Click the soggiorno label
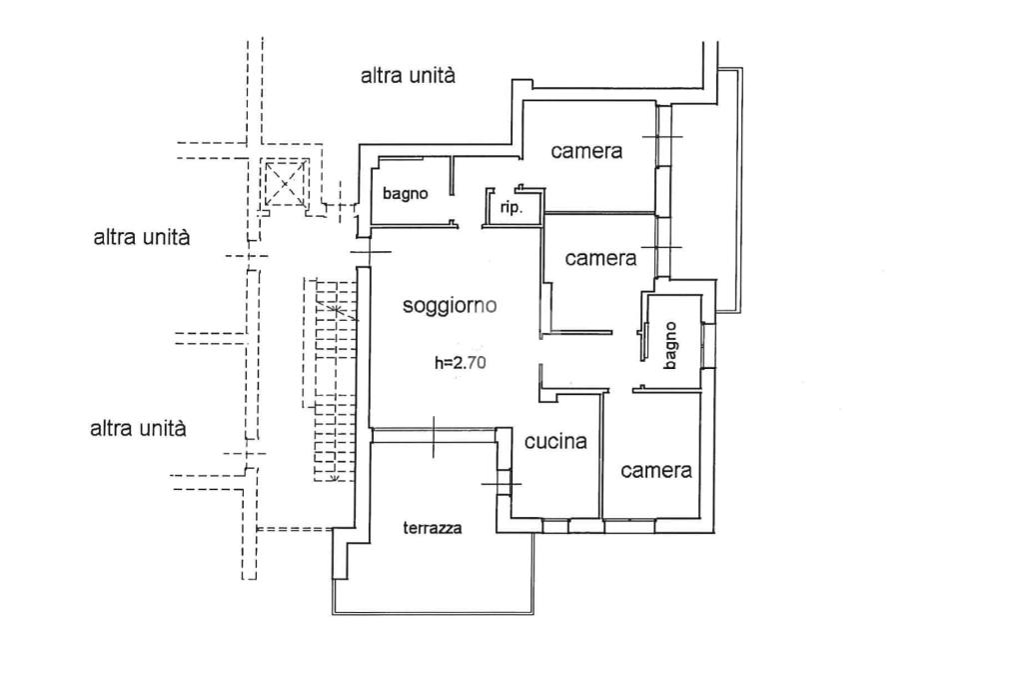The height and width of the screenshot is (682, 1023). (x=450, y=307)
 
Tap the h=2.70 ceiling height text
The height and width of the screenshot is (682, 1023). (x=460, y=364)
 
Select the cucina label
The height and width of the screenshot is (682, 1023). (x=555, y=441)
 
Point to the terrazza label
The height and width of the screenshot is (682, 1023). (x=433, y=529)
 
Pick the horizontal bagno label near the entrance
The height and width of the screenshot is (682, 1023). (x=405, y=194)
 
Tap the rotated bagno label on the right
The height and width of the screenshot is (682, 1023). (x=670, y=344)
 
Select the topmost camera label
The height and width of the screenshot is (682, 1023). (x=586, y=152)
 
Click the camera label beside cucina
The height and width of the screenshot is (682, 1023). (x=656, y=471)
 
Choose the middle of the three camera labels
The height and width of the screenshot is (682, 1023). (x=600, y=258)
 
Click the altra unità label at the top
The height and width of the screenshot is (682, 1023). (x=409, y=75)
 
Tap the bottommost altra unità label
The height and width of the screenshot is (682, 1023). (x=138, y=429)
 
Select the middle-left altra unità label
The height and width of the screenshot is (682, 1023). (x=142, y=238)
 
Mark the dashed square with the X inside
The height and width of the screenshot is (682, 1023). (x=287, y=184)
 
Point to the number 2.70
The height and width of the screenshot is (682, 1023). (x=470, y=364)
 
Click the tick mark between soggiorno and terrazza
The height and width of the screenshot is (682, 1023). (x=435, y=434)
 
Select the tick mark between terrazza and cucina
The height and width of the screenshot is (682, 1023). (x=501, y=485)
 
